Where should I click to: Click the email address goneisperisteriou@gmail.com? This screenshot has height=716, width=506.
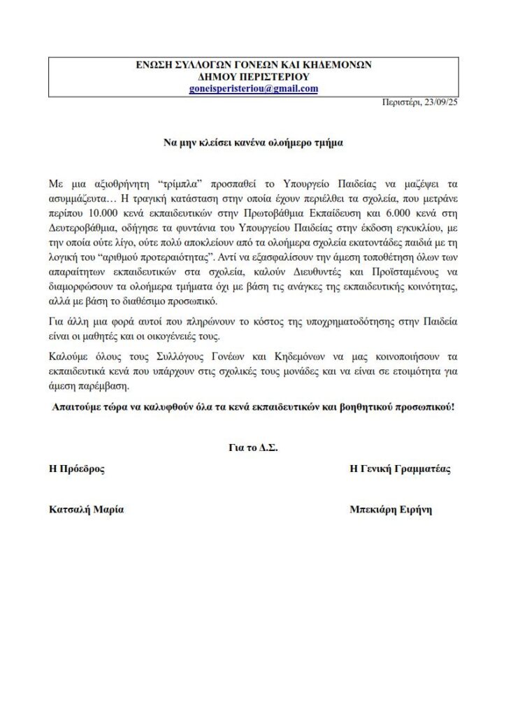[254, 88]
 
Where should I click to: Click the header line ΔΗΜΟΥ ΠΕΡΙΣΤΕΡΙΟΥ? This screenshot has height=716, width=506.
[254, 76]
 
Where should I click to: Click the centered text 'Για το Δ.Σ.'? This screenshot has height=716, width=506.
[253, 448]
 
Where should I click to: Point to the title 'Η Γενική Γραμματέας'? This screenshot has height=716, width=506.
[400, 469]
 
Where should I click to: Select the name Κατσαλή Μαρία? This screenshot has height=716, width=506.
[86, 510]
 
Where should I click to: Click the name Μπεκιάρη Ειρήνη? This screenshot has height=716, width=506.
[391, 510]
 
